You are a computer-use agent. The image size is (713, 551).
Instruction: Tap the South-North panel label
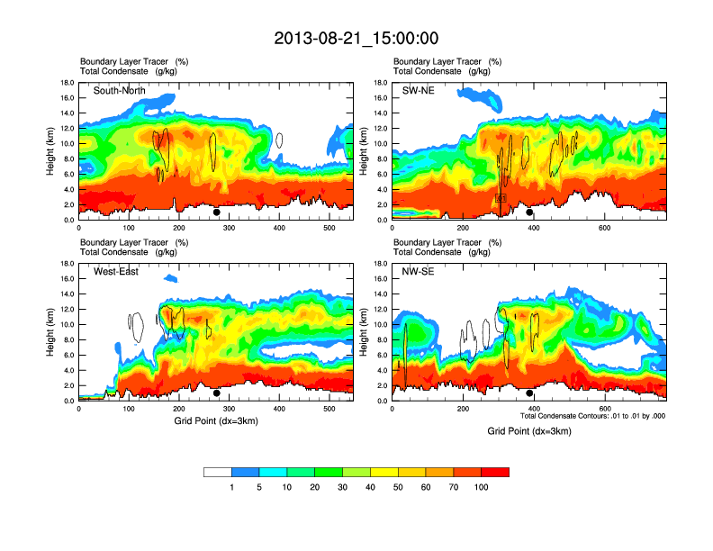tap(120, 90)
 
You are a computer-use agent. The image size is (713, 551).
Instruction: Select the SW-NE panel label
tap(418, 90)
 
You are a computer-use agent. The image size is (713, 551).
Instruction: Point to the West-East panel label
tap(116, 271)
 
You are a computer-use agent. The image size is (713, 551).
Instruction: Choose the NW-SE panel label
tap(418, 271)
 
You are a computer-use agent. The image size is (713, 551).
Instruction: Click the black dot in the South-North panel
tap(217, 212)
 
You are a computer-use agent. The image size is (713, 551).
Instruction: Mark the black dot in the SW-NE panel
tap(530, 212)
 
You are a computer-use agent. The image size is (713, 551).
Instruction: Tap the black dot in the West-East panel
tap(217, 393)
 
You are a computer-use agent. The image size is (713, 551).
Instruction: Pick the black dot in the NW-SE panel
tap(530, 393)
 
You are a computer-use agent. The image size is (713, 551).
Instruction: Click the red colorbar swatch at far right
tap(495, 472)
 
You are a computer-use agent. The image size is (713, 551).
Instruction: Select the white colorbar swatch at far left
tap(218, 472)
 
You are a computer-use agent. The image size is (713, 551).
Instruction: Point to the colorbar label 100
tap(482, 487)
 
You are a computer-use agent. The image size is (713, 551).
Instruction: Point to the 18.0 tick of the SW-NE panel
tap(380, 83)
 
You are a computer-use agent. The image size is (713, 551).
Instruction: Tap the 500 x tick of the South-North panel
tap(329, 228)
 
